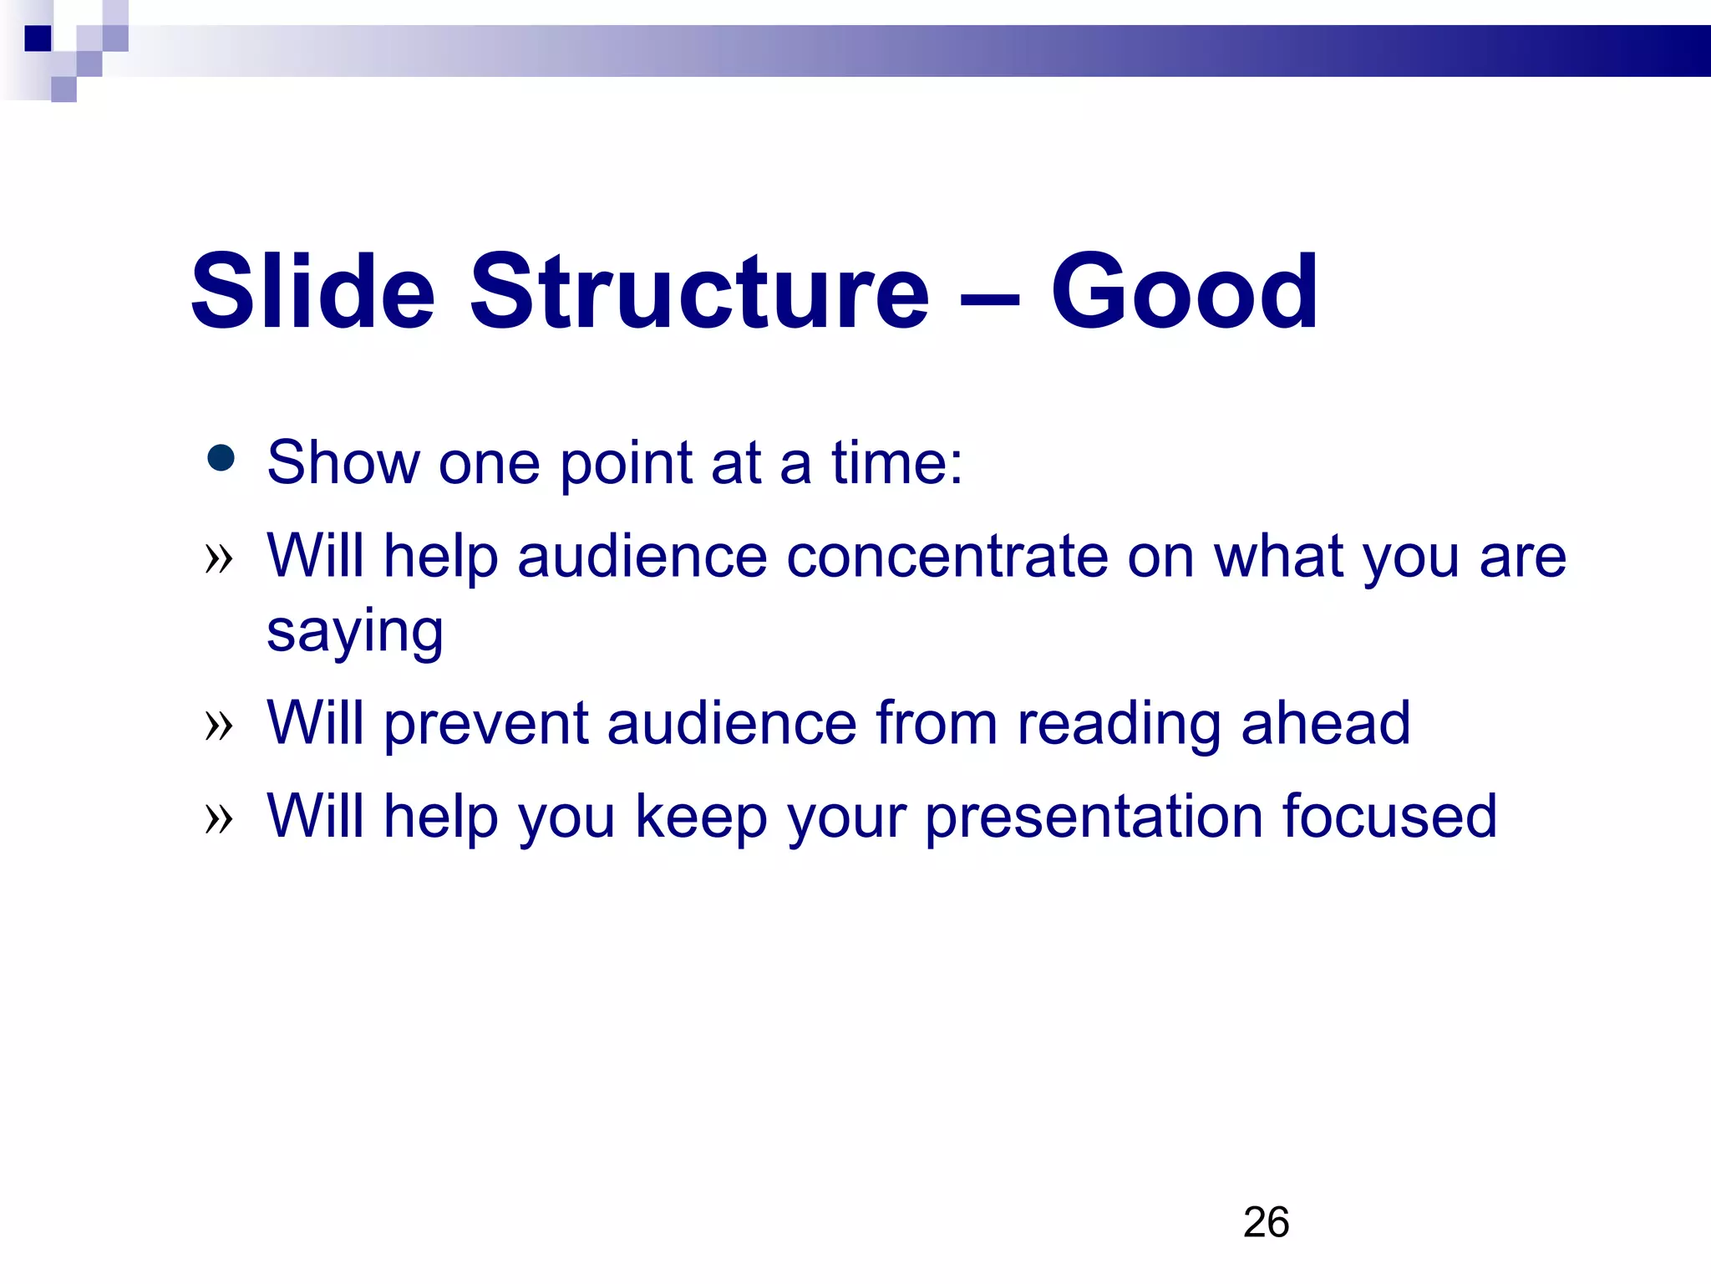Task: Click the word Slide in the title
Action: [x=313, y=293]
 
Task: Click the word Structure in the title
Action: [x=698, y=293]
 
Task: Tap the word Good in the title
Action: [x=1184, y=293]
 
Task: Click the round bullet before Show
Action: [x=221, y=458]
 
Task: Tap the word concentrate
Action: [x=946, y=557]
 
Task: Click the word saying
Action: [x=355, y=633]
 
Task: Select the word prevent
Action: [x=485, y=724]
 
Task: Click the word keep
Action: [x=701, y=817]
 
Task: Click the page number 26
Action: [x=1266, y=1222]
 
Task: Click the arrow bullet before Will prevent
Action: [x=219, y=725]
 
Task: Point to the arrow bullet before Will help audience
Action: [x=219, y=558]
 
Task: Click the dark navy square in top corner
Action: [x=38, y=38]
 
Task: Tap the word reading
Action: [x=1119, y=724]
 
